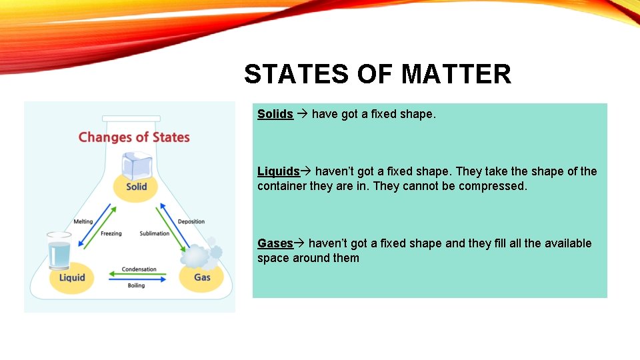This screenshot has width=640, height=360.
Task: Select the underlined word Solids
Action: pyautogui.click(x=275, y=114)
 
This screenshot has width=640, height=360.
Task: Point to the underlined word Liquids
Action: pyautogui.click(x=279, y=171)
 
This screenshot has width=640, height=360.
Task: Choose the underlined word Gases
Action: pyautogui.click(x=275, y=243)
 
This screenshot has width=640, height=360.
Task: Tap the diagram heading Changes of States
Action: pyautogui.click(x=134, y=137)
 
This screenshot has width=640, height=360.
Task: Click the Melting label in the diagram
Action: pyautogui.click(x=83, y=222)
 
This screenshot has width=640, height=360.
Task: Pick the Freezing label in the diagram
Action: pyautogui.click(x=111, y=234)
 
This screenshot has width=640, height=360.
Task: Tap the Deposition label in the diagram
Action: pyautogui.click(x=191, y=222)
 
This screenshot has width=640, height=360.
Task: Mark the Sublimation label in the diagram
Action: pyautogui.click(x=155, y=234)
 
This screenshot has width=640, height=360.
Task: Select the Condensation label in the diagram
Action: pyautogui.click(x=139, y=269)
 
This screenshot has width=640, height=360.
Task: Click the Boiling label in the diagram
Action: pyautogui.click(x=136, y=286)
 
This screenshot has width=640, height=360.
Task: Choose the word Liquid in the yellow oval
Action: pyautogui.click(x=72, y=277)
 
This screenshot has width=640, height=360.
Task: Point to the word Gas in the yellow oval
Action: pyautogui.click(x=202, y=277)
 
